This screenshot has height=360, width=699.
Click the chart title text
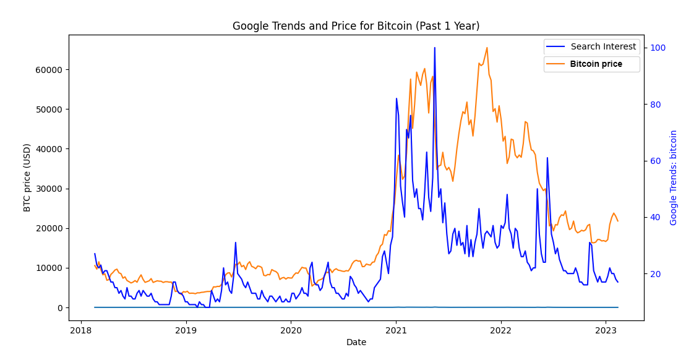pos(356,26)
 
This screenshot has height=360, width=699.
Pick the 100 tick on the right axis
pos(657,48)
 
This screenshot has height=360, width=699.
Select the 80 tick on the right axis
pos(654,105)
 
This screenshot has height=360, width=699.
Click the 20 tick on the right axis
pos(654,274)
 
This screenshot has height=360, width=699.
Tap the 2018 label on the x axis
pos(80,330)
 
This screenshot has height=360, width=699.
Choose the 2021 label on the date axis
pos(396,330)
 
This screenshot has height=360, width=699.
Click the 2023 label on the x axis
pos(605,330)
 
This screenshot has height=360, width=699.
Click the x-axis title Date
pos(356,342)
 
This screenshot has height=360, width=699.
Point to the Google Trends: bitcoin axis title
pos(674,177)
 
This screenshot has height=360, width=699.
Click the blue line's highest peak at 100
pos(434,48)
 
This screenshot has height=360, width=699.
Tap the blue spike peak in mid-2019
pos(235,242)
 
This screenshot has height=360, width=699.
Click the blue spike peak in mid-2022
pos(547,158)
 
